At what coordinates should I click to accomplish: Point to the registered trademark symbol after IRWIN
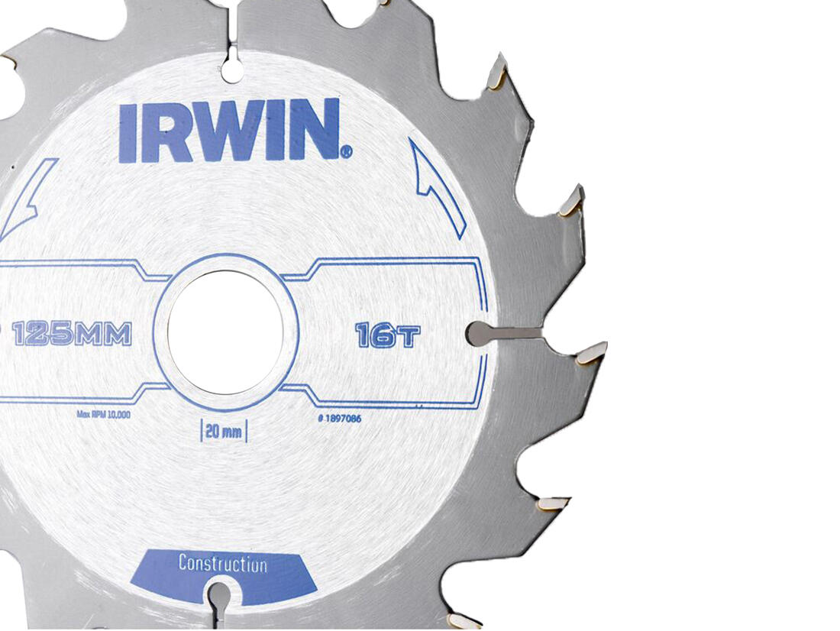point(347,153)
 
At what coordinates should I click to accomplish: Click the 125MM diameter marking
point(73,334)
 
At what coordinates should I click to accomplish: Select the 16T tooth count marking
point(387,335)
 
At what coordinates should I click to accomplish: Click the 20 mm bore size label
point(225,432)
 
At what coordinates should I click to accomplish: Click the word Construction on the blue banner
point(222,565)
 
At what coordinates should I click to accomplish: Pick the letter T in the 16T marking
point(409,336)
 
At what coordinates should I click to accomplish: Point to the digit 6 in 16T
point(384,335)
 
